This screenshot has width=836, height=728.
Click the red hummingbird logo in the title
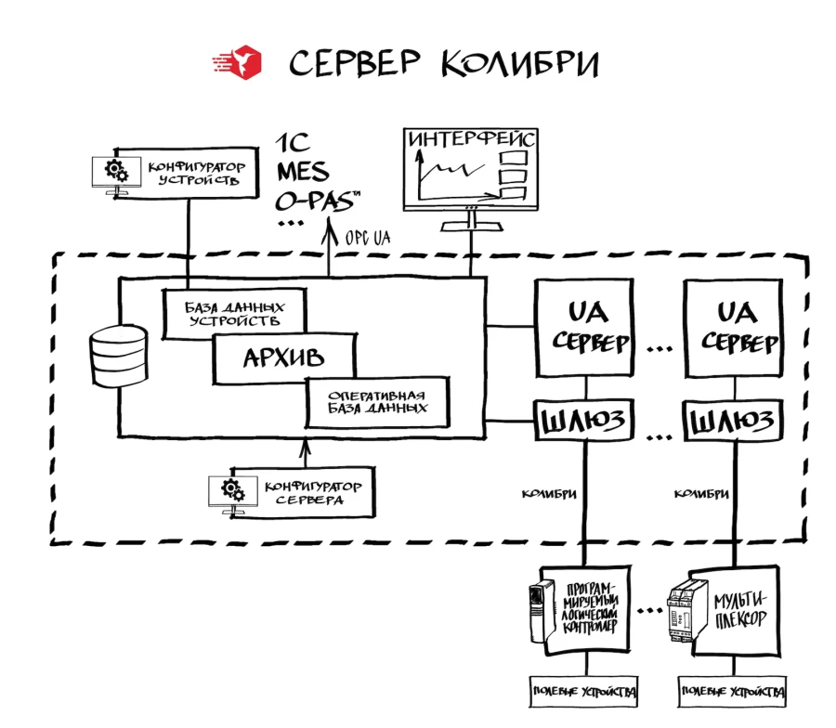[x=239, y=62]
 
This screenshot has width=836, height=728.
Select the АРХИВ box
[x=284, y=358]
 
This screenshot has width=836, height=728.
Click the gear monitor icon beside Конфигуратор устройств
[x=115, y=173]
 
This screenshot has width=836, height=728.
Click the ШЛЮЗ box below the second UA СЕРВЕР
[x=732, y=423]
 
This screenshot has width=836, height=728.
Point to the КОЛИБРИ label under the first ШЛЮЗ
[x=551, y=492]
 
